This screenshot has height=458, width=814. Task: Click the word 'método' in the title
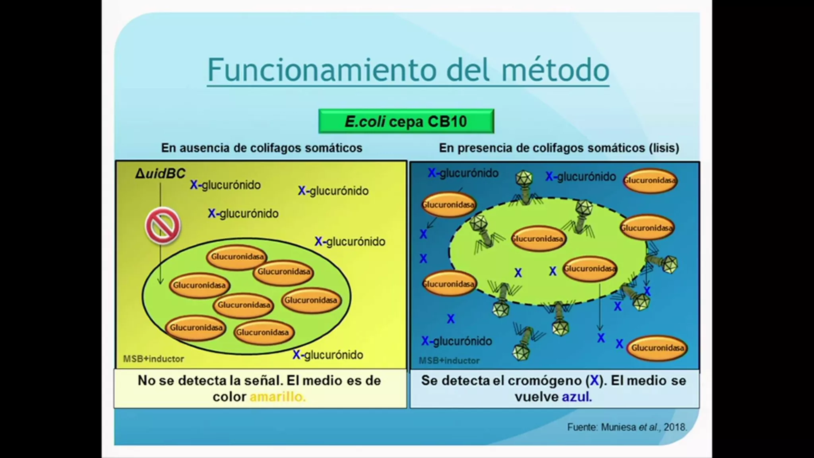555,70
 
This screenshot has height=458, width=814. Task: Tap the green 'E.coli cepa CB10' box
406,121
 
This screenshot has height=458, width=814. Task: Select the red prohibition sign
163,225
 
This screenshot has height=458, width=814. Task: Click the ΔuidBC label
160,173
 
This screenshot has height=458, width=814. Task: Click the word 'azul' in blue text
577,397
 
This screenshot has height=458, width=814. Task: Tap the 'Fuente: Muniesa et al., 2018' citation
627,427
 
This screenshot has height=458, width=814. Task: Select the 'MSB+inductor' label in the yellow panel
153,359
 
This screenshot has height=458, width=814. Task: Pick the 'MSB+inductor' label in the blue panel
449,361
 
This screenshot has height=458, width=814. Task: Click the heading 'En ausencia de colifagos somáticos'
262,148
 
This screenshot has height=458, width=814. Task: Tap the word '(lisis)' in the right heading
664,148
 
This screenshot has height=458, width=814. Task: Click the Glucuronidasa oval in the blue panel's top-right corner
650,180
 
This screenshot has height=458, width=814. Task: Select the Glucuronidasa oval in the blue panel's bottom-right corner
657,348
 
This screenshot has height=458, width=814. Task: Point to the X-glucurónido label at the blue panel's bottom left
457,341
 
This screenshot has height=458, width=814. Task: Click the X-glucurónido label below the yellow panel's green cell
328,355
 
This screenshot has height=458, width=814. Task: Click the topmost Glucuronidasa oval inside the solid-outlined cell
237,257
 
